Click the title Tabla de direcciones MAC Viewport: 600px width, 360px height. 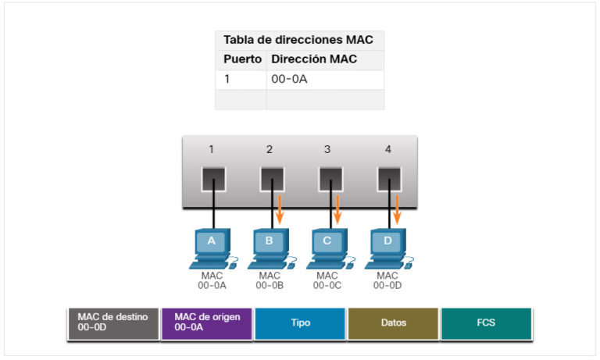point(298,40)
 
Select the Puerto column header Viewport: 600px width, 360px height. point(242,59)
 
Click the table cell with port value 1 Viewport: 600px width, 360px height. point(241,80)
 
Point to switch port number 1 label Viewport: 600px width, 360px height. point(211,149)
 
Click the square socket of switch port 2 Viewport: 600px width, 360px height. point(270,180)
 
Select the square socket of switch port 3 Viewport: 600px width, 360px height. point(330,180)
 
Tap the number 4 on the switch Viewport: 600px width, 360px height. point(388,149)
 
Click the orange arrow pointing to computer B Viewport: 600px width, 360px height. point(280,209)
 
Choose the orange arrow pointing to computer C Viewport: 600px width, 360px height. point(339,209)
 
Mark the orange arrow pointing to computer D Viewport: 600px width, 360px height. point(398,209)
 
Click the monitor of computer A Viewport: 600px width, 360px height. point(211,242)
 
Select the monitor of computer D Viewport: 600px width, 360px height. point(387,242)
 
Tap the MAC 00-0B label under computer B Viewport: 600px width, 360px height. point(270,280)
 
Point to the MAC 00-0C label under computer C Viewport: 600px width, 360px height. point(328,280)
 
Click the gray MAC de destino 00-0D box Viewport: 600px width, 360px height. point(112,323)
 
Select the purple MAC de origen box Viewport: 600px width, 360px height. point(206,323)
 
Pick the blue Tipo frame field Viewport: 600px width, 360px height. point(300,323)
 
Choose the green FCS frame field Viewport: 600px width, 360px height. point(486,323)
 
